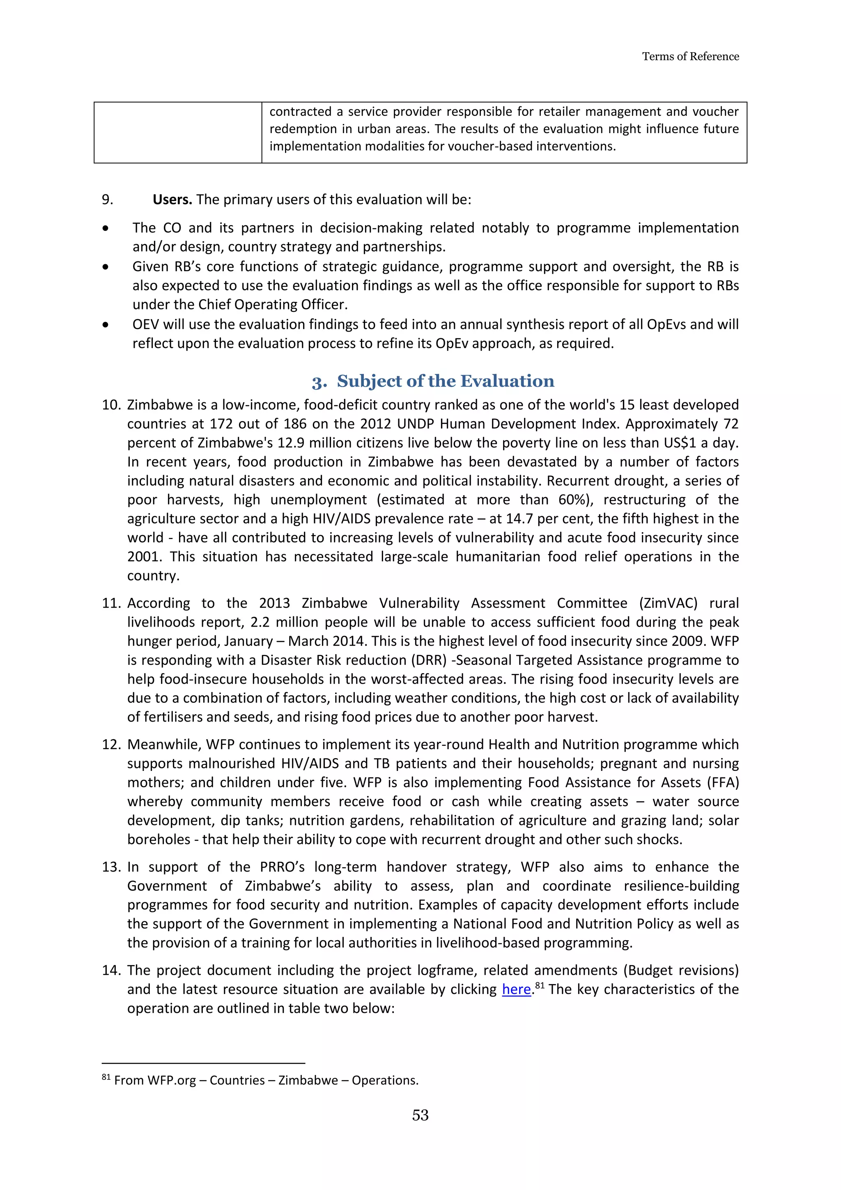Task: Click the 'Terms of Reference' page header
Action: (x=690, y=56)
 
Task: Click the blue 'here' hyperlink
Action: (x=516, y=989)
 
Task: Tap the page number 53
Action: (x=420, y=1115)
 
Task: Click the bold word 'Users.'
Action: (x=172, y=200)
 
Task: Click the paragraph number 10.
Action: (x=111, y=405)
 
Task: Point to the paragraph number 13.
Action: (x=111, y=867)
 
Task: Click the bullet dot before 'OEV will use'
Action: (x=106, y=325)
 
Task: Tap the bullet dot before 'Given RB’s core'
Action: (x=106, y=267)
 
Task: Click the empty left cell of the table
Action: (x=178, y=133)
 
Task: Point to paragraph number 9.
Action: (x=107, y=200)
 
